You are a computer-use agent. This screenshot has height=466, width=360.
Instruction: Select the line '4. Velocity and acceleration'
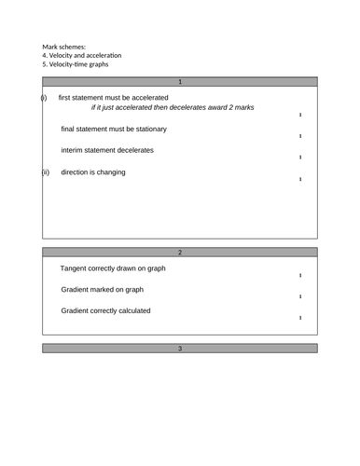tap(81, 55)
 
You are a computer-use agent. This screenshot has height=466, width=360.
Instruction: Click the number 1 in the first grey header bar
tap(180, 81)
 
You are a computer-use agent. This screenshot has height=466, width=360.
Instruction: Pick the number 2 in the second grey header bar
tap(180, 253)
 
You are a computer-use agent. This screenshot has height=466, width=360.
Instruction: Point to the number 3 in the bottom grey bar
tap(180, 348)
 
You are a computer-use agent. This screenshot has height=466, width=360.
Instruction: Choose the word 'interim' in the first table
tap(76, 150)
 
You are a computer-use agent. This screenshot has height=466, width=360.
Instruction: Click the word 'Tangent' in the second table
tap(76, 268)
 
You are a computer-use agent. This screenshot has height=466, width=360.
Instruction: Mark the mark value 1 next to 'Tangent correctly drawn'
tap(299, 276)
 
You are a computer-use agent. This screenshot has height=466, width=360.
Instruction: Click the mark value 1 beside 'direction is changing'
tap(299, 179)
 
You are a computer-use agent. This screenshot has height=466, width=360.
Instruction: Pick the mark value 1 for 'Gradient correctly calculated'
tap(299, 318)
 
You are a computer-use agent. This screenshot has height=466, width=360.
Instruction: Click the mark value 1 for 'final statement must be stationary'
tap(299, 137)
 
